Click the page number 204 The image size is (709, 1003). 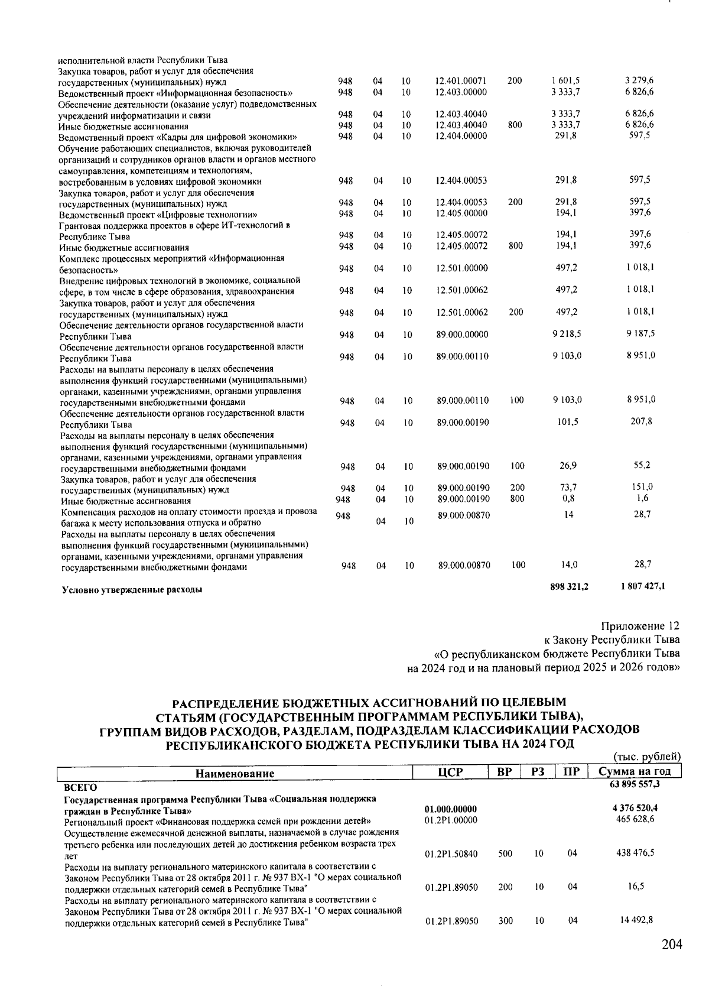coord(672,944)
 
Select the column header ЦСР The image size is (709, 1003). coord(450,772)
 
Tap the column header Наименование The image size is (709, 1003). coord(235,773)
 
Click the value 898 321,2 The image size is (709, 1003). coord(569,586)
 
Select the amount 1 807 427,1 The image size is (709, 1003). coord(643,586)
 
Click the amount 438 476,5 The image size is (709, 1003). coord(635,853)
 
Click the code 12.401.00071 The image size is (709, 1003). coord(460,80)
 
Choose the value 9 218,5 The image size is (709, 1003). coord(567,334)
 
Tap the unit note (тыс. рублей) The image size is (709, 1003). coord(648,757)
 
